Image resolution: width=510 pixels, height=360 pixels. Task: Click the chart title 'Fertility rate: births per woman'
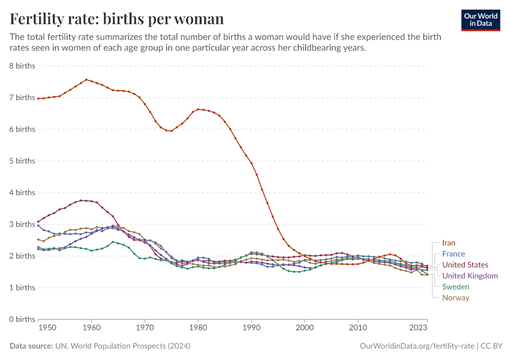pos(117,19)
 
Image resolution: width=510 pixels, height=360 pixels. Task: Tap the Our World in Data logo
pos(480,20)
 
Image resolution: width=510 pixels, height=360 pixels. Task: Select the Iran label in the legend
pos(449,243)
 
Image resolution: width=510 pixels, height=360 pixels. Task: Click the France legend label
pos(454,254)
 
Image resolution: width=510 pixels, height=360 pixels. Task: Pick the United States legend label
pos(465,265)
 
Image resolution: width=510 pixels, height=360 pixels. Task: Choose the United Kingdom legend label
pos(470,276)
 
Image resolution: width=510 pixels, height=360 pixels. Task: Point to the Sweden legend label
pos(455,287)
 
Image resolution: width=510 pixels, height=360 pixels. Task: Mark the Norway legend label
pos(455,298)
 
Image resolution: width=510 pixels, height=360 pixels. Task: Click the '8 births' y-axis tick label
pos(22,65)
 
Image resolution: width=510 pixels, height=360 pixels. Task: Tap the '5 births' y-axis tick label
pos(22,161)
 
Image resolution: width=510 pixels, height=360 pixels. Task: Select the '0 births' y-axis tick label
pos(22,319)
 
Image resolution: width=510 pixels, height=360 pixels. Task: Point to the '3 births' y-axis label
pos(22,224)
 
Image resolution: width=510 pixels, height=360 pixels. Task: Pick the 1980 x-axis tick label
pos(198,328)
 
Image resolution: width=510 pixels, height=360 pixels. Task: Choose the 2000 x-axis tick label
pos(305,328)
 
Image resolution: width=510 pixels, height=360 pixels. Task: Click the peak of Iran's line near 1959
pos(86,79)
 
